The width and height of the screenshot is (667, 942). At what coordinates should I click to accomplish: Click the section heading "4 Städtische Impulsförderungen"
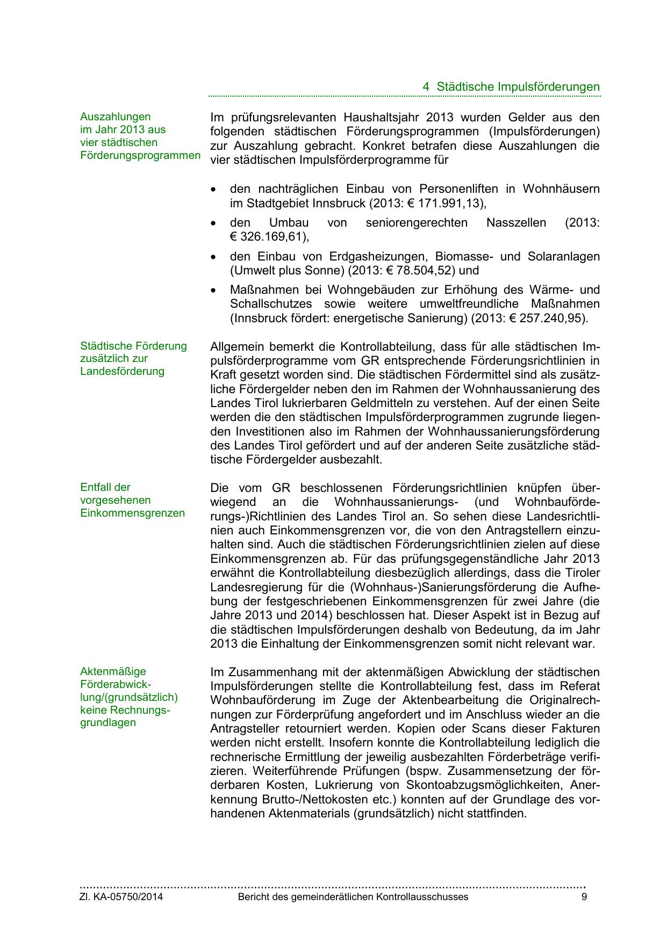(511, 86)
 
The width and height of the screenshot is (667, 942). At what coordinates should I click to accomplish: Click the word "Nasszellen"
(516, 223)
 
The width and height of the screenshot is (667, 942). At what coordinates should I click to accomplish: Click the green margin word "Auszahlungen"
(115, 117)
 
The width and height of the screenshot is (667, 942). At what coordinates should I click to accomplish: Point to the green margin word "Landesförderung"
(122, 371)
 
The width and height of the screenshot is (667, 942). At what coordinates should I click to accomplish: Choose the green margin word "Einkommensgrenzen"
(132, 513)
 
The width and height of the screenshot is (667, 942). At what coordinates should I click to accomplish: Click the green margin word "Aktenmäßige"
(113, 671)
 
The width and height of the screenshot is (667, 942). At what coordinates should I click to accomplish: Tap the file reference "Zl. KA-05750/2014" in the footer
(121, 897)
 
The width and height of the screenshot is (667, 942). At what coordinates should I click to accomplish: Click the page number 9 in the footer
(584, 897)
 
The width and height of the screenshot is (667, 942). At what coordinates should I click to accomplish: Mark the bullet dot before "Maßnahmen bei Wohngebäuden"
(214, 291)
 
